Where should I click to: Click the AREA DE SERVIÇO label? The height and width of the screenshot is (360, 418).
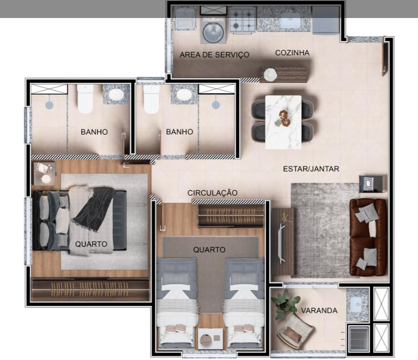tap(214, 55)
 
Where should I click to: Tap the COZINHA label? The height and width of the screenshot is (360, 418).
tap(292, 52)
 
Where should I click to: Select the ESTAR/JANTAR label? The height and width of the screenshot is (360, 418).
tap(311, 169)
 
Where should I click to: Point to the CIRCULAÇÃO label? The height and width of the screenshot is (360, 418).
tap(212, 193)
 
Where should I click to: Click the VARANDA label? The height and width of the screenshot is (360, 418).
tap(319, 311)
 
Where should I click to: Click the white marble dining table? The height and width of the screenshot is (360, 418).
tap(283, 121)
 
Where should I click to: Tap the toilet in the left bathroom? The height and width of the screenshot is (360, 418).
tap(85, 99)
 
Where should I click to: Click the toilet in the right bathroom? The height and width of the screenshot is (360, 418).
tap(152, 99)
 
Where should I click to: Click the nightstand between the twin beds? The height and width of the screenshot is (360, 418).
tap(211, 338)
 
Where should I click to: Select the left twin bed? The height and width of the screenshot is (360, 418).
tap(177, 302)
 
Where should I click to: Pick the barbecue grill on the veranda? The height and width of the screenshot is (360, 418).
tap(356, 336)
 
